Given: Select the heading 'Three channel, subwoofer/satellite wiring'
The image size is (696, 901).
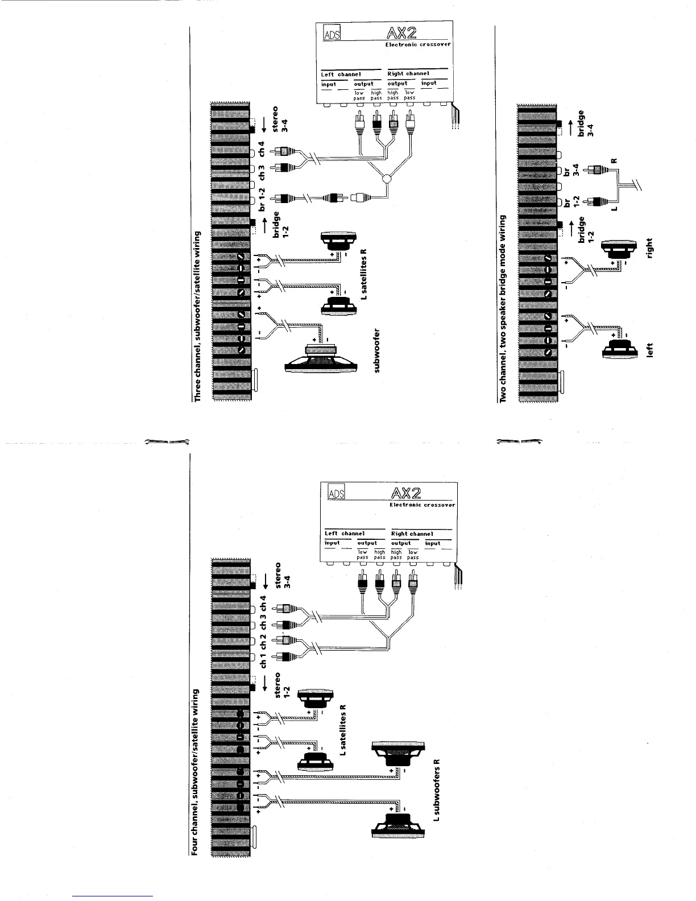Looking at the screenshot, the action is tap(198, 316).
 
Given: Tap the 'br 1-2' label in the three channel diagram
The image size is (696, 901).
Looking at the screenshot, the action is tap(262, 201).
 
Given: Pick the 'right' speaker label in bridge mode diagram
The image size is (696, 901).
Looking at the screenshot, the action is tap(651, 248).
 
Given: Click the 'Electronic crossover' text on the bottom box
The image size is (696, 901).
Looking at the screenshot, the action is tap(422, 505).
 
